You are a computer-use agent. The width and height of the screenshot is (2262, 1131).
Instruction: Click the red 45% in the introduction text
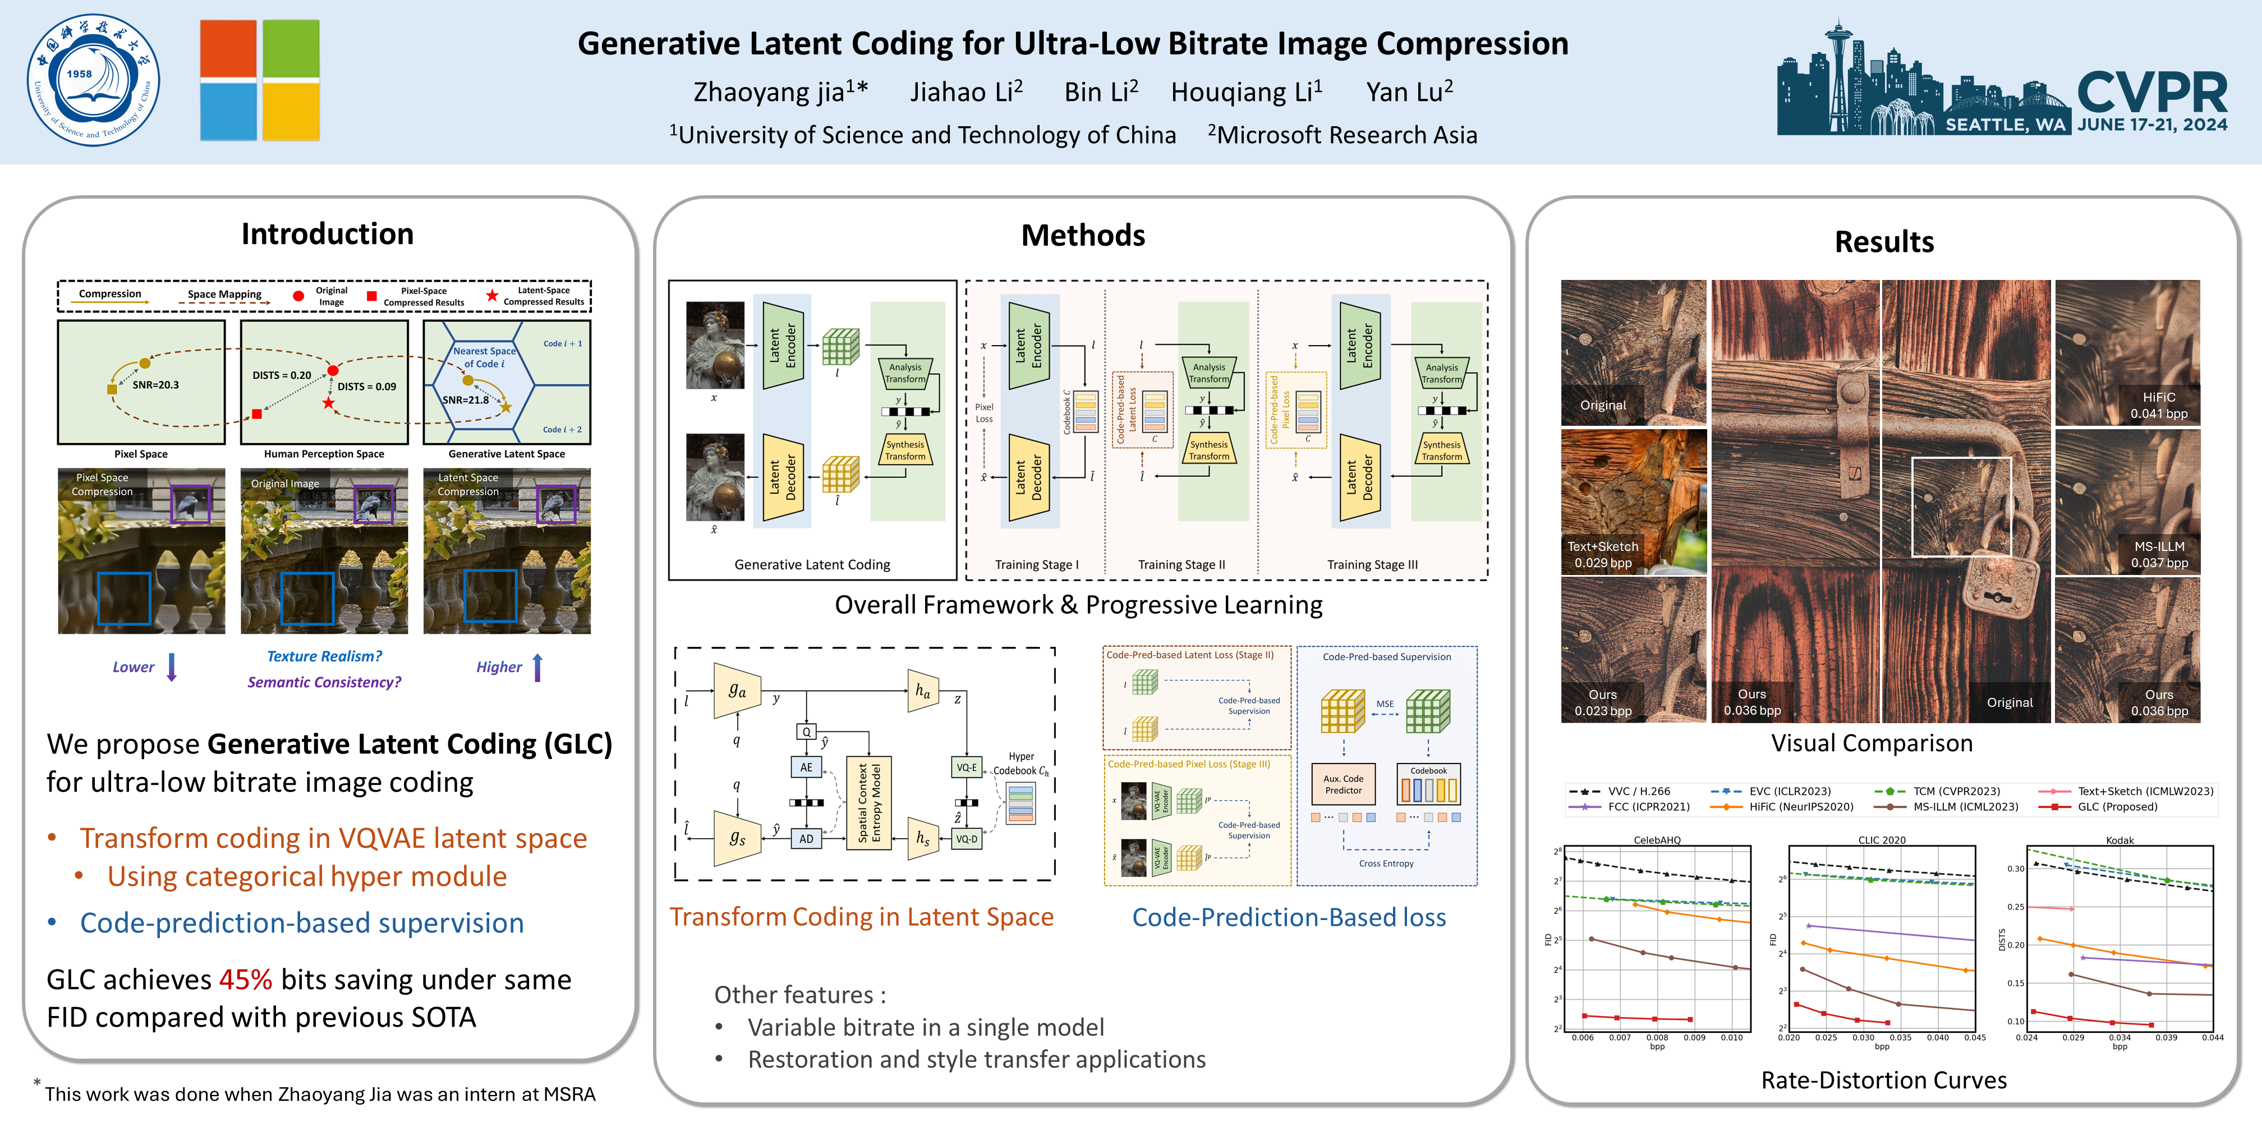click(245, 979)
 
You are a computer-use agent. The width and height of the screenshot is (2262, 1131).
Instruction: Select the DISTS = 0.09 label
click(367, 387)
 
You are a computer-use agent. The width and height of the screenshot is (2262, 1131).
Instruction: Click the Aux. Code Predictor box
click(1344, 784)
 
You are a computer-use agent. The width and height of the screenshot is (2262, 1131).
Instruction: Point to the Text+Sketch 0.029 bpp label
click(1603, 554)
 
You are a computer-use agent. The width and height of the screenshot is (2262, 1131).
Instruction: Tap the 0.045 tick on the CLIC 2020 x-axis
click(1975, 1038)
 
